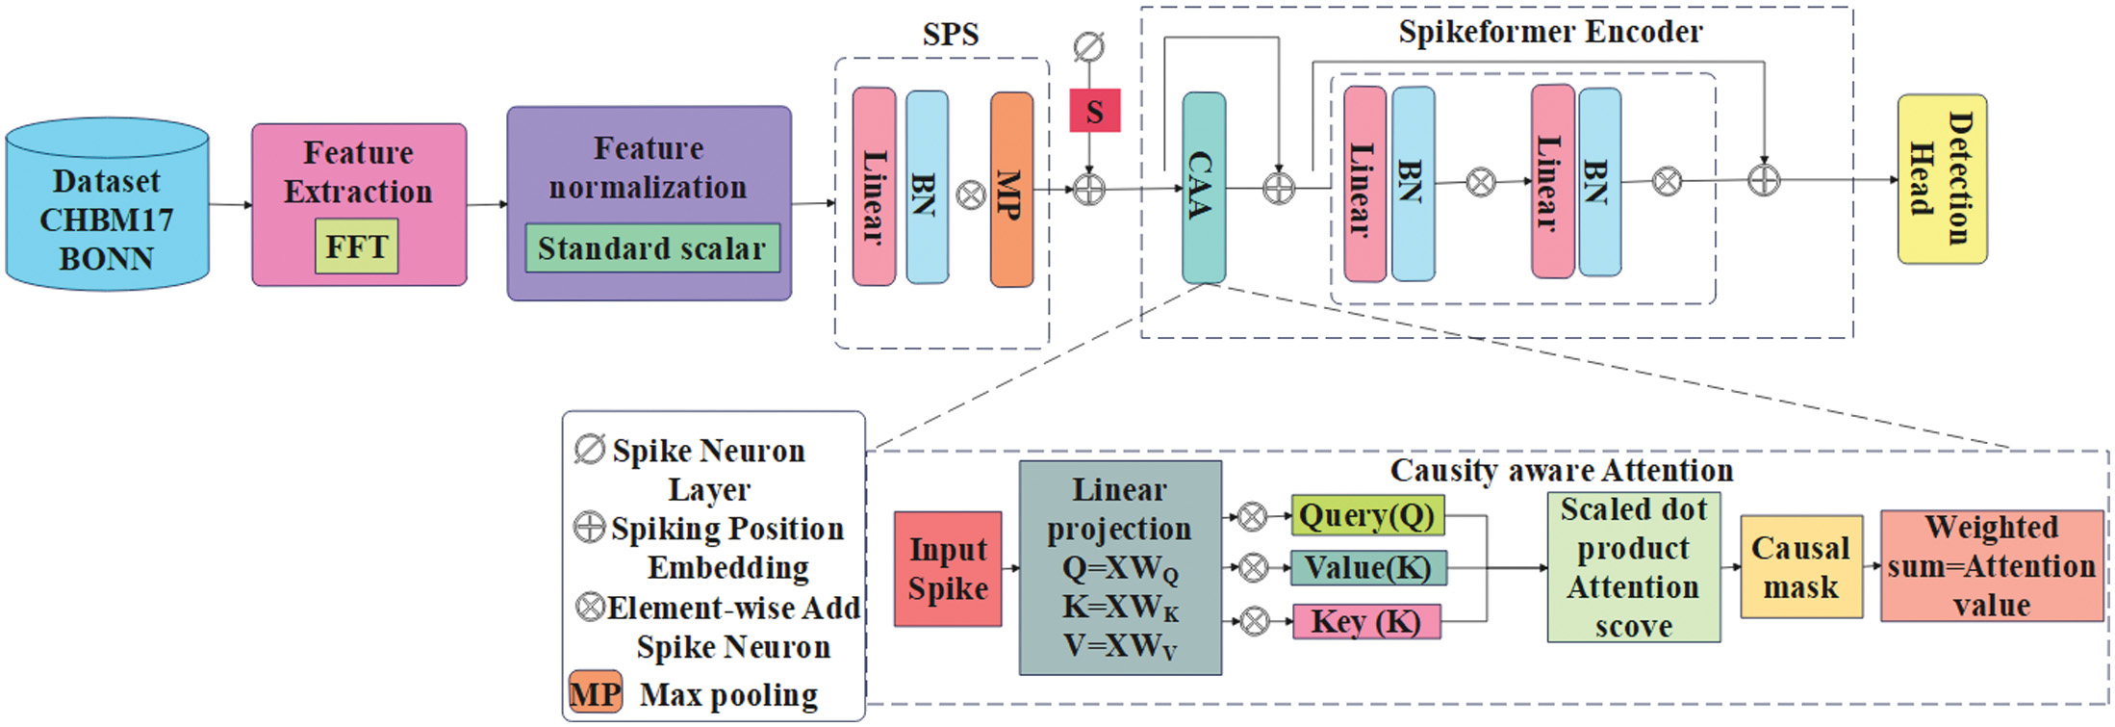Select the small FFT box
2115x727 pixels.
pos(356,247)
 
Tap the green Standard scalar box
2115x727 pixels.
pos(651,248)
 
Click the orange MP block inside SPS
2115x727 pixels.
pos(1011,190)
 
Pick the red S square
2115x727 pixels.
pos(1095,111)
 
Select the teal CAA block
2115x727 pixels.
pos(1203,188)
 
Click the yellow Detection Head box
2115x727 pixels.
pos(1941,179)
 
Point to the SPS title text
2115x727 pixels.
pos(950,35)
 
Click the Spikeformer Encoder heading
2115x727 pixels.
pos(1549,32)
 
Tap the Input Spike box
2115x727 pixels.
pos(948,569)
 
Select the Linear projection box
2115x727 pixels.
pos(1120,567)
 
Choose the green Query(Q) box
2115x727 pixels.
pos(1366,516)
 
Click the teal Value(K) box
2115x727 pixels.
pos(1367,568)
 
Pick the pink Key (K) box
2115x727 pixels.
pos(1365,622)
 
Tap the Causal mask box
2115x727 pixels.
pos(1800,567)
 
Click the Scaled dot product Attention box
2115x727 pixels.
pos(1633,567)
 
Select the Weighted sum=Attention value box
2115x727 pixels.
pos(1991,566)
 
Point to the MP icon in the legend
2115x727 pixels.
pos(595,693)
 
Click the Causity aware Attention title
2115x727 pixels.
pos(1561,471)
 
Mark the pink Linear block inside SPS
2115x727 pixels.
pos(874,187)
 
